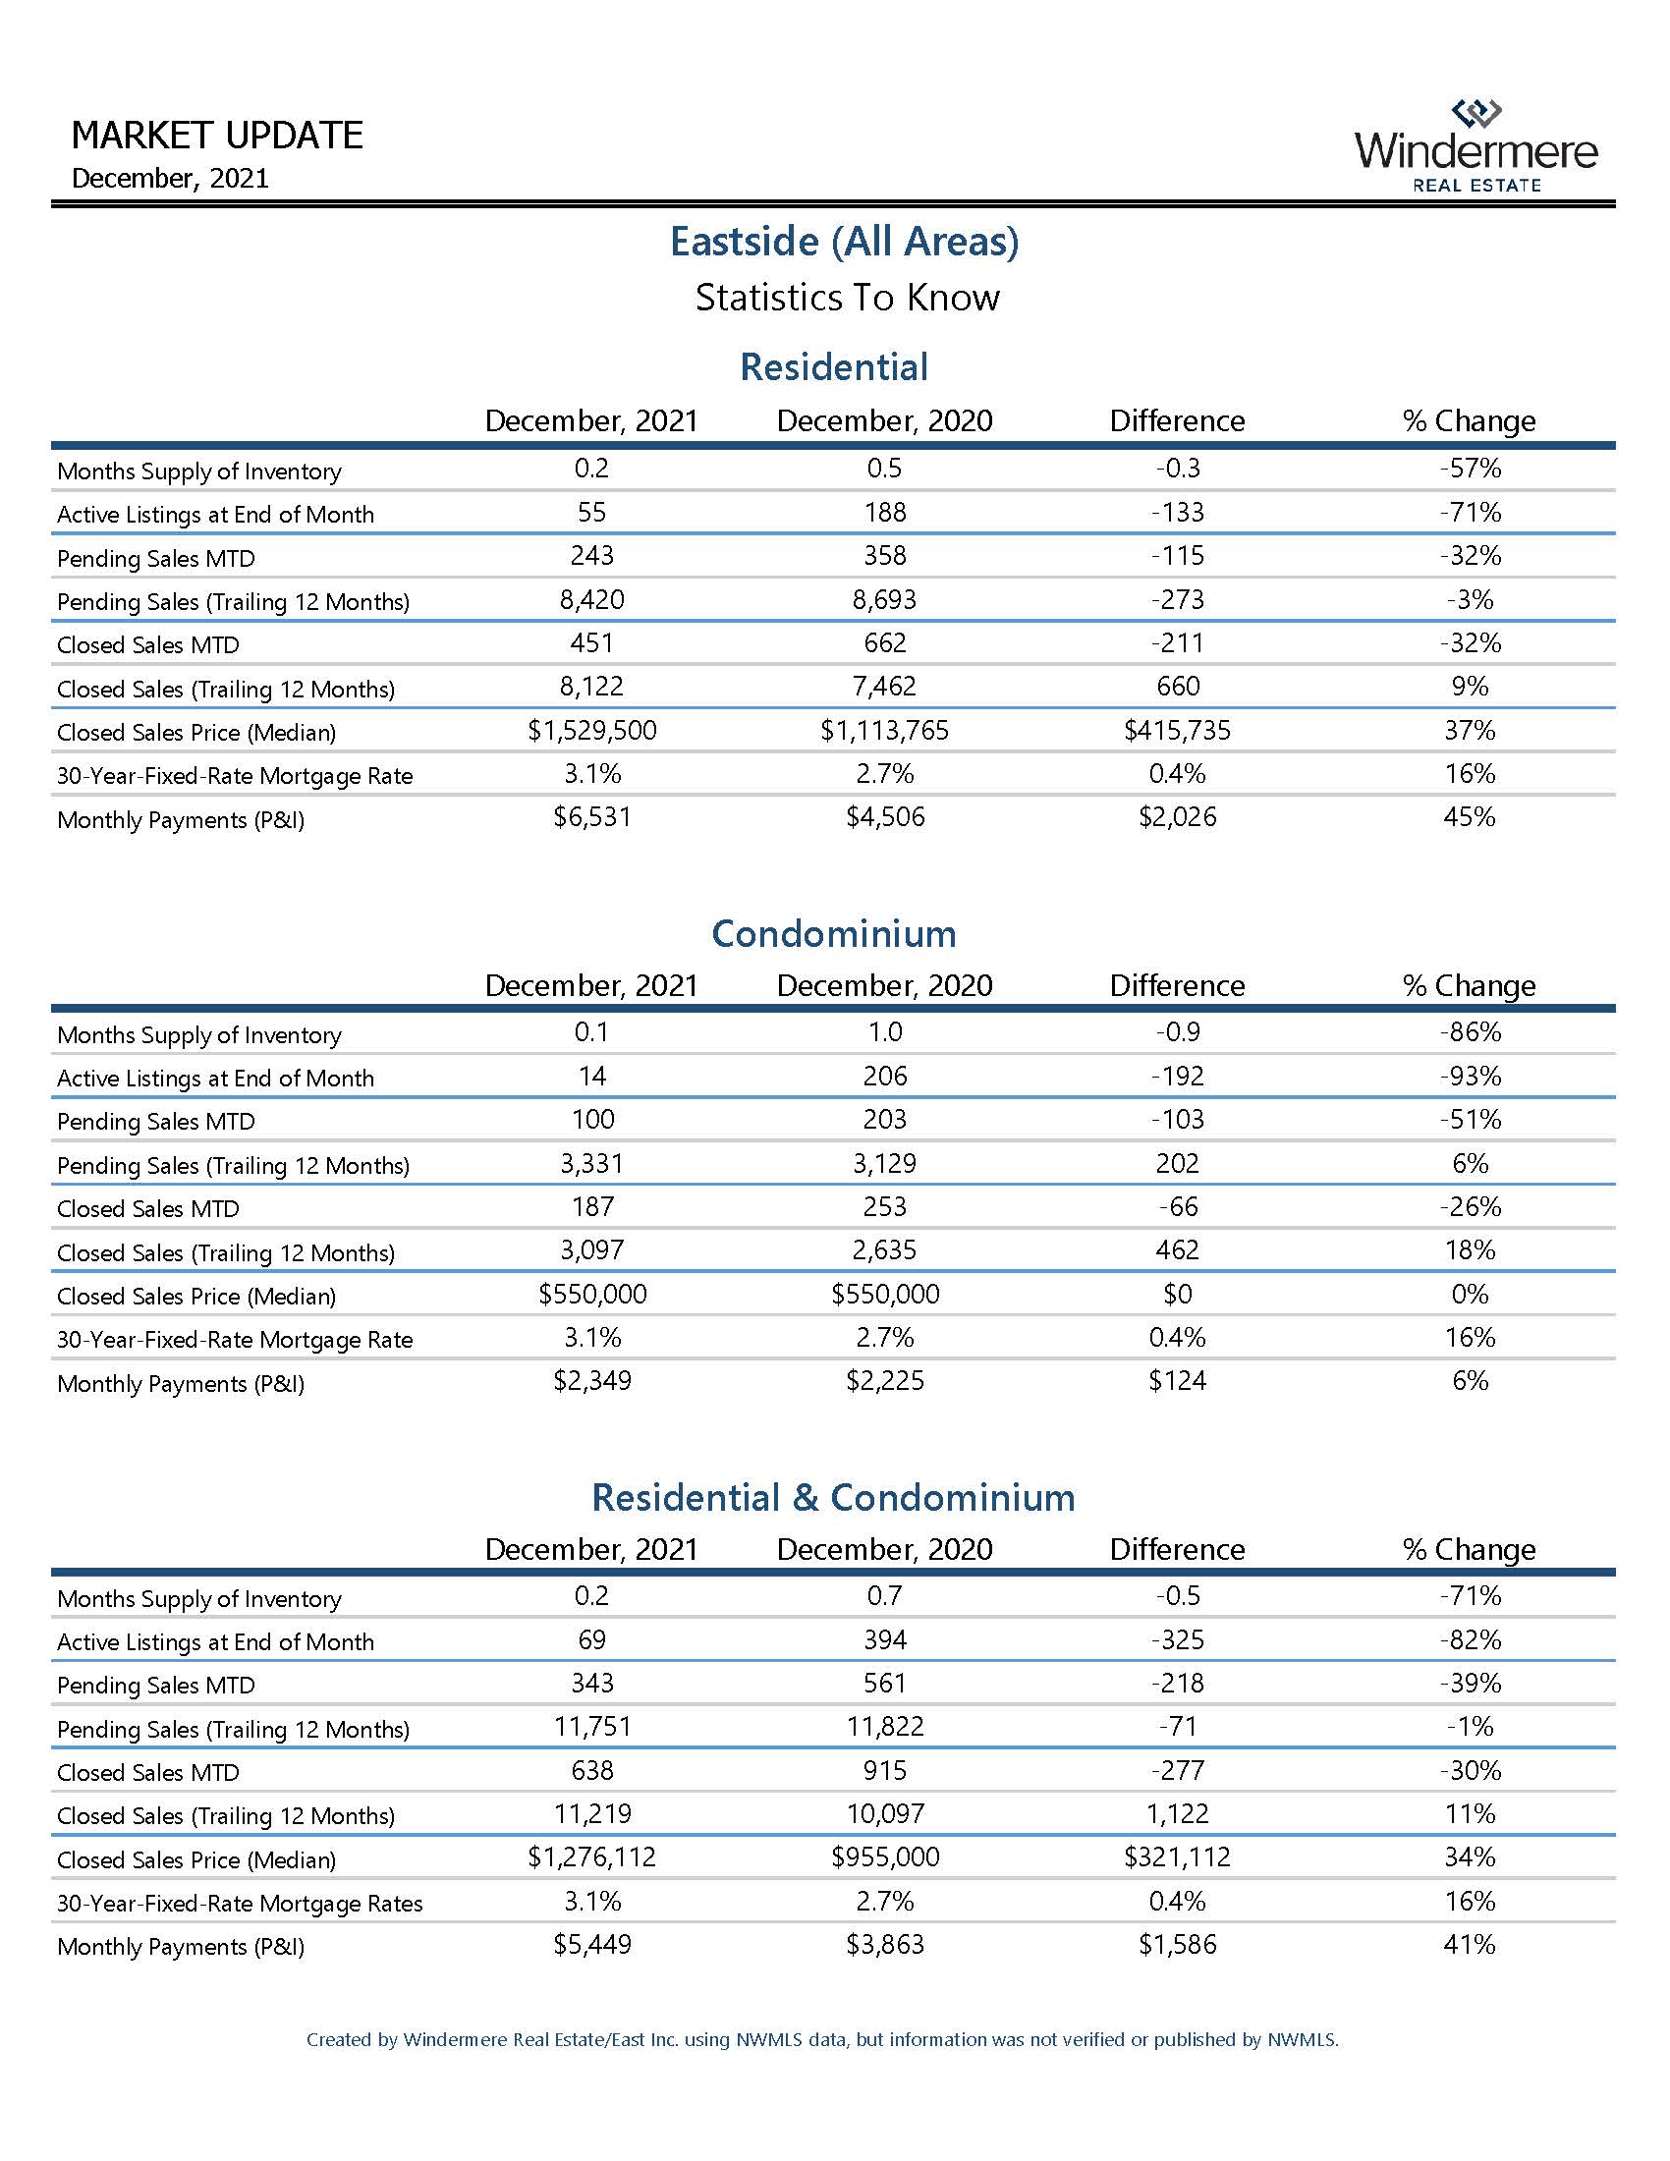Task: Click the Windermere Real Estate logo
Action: pyautogui.click(x=1475, y=146)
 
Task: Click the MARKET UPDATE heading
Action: pyautogui.click(x=218, y=135)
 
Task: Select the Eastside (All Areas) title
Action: pyautogui.click(x=844, y=242)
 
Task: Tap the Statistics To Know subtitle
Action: pyautogui.click(x=847, y=298)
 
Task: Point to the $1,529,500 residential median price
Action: pyautogui.click(x=591, y=731)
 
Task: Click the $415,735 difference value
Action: pyautogui.click(x=1176, y=731)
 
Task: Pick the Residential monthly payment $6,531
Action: pyautogui.click(x=591, y=817)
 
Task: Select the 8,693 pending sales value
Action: pyautogui.click(x=884, y=600)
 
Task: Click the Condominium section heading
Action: pyautogui.click(x=834, y=933)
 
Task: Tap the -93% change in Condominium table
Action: pyautogui.click(x=1470, y=1077)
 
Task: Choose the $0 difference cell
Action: pyautogui.click(x=1176, y=1295)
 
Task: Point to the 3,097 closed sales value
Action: pyautogui.click(x=591, y=1250)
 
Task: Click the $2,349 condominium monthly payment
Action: pyautogui.click(x=591, y=1381)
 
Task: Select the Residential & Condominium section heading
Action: pyautogui.click(x=833, y=1497)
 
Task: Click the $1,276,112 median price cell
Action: pyautogui.click(x=591, y=1857)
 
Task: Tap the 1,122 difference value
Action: pyautogui.click(x=1176, y=1813)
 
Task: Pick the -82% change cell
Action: pyautogui.click(x=1470, y=1640)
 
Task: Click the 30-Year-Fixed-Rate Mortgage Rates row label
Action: pyautogui.click(x=240, y=1904)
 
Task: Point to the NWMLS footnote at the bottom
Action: pyautogui.click(x=822, y=2039)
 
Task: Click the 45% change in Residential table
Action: pyautogui.click(x=1470, y=817)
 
